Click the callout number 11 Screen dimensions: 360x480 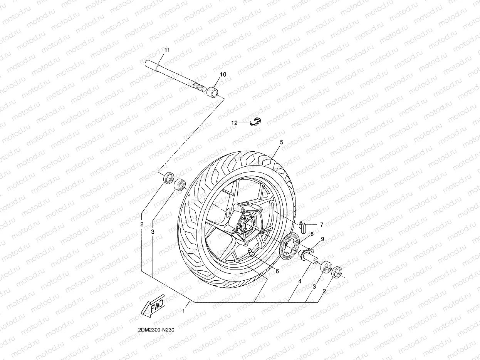coord(167,50)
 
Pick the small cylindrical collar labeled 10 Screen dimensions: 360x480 coord(213,92)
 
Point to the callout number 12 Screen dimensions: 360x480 coord(234,123)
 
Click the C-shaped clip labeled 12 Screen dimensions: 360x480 coord(255,121)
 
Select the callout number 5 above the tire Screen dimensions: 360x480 coord(282,142)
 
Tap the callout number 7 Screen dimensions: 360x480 coord(321,224)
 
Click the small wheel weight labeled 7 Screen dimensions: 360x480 coord(302,227)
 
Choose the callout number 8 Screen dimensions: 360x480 coord(312,234)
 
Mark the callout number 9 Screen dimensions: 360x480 coord(322,239)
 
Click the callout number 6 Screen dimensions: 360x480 coord(277,271)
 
